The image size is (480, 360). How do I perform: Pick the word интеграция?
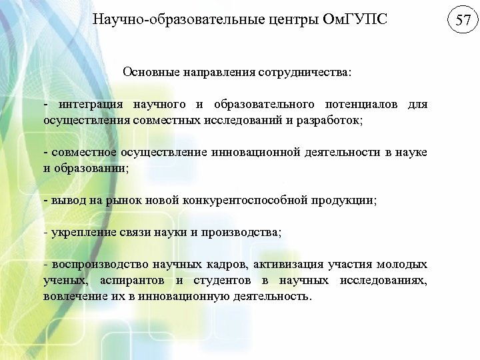[89, 105]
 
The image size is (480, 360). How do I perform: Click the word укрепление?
[79, 233]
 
